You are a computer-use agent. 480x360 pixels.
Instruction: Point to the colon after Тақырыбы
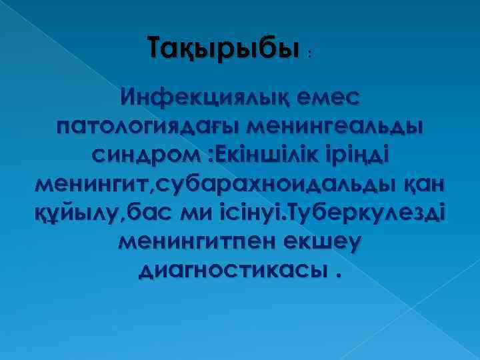309,55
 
